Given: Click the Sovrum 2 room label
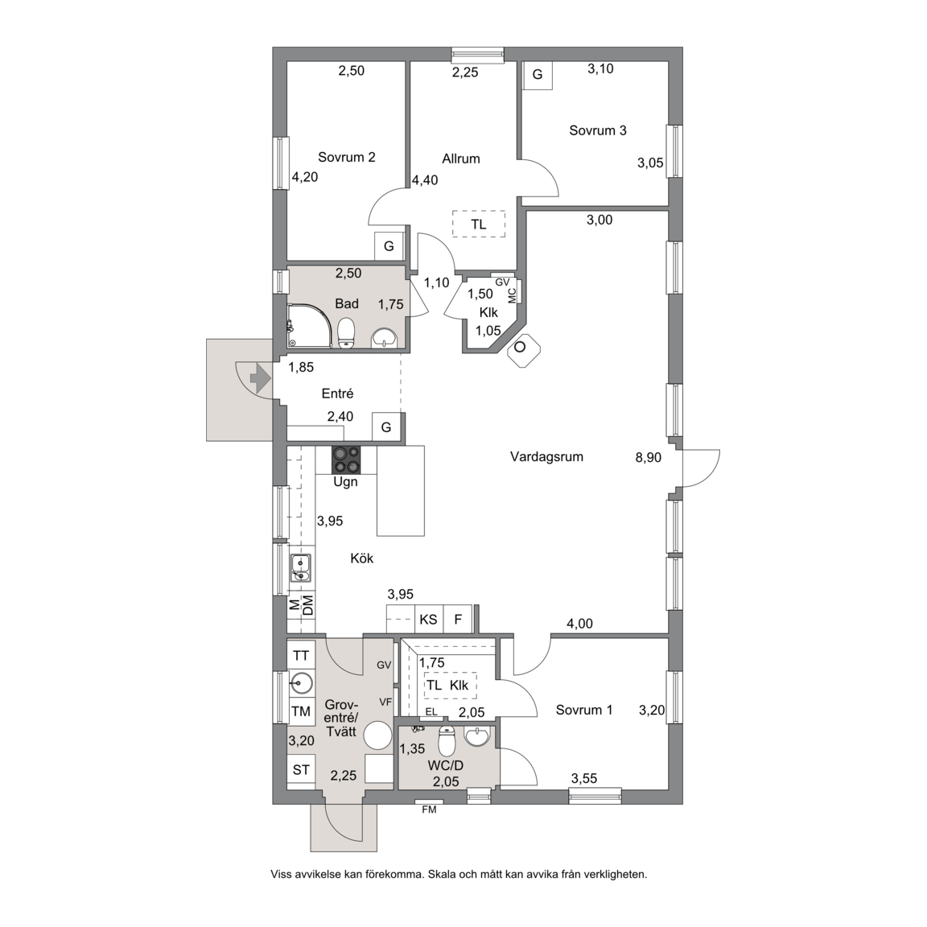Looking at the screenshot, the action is (347, 157).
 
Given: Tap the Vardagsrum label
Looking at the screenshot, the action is (546, 456).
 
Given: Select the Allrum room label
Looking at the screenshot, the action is (460, 159).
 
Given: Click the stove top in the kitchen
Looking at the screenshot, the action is (346, 460).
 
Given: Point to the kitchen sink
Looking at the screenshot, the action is (301, 568).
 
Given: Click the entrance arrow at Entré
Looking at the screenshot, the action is (260, 377).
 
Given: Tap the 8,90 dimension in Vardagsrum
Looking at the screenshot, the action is (648, 457).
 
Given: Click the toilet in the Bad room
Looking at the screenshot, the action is (346, 333).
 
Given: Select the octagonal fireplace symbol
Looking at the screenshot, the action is (520, 348).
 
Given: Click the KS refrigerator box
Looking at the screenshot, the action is (429, 619).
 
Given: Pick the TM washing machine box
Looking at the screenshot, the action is (302, 712).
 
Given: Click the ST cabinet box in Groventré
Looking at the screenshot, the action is (302, 770).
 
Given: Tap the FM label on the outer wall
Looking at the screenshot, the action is (429, 810).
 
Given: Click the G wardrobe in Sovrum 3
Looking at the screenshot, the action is (538, 75).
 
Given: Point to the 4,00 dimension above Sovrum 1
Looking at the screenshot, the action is (579, 624).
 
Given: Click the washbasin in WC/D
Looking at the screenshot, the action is (477, 736).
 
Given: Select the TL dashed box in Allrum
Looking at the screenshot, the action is (479, 224).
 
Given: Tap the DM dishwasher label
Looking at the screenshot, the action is (308, 605).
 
